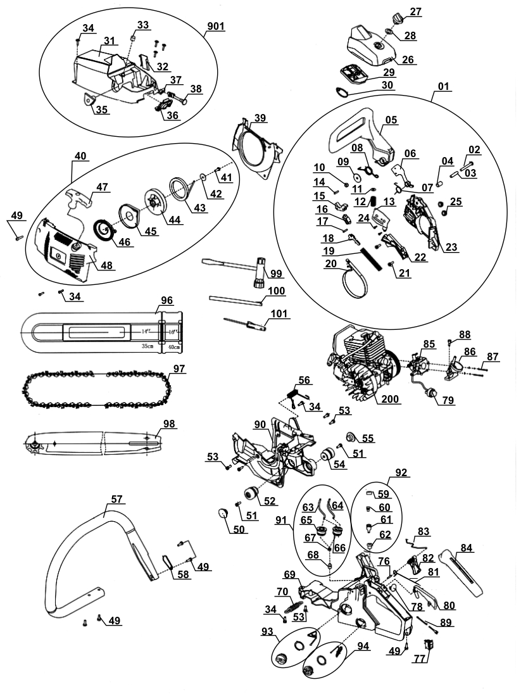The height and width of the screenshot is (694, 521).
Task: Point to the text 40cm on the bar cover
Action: point(171,347)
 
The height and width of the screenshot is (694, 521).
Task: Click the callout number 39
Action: point(259,118)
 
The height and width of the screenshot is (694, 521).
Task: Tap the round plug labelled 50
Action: point(223,513)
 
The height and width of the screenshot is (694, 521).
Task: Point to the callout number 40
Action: point(80,156)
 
